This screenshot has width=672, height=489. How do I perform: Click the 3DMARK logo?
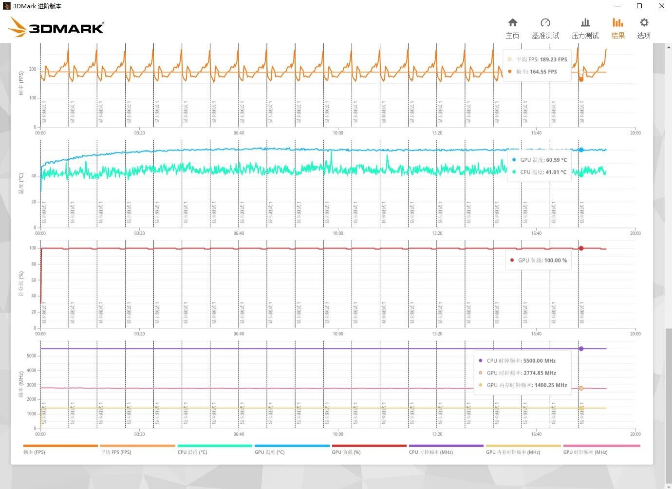pyautogui.click(x=56, y=28)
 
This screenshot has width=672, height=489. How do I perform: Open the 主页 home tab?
pyautogui.click(x=512, y=29)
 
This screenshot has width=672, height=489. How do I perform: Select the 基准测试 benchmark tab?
pyautogui.click(x=545, y=29)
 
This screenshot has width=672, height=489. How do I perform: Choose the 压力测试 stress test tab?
pyautogui.click(x=585, y=29)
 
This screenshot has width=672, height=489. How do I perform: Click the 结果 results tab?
pyautogui.click(x=618, y=29)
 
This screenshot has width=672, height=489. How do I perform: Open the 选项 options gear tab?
pyautogui.click(x=644, y=29)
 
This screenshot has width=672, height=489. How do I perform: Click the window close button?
pyautogui.click(x=662, y=6)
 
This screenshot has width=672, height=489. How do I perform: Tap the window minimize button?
pyautogui.click(x=617, y=6)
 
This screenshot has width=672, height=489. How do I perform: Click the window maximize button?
pyautogui.click(x=639, y=6)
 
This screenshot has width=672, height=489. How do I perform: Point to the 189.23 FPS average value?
pyautogui.click(x=553, y=59)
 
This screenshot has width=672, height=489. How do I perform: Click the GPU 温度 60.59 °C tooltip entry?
pyautogui.click(x=543, y=160)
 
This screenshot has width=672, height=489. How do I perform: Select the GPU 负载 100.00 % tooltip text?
pyautogui.click(x=542, y=261)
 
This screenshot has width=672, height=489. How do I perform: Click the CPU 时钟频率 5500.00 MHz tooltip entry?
pyautogui.click(x=521, y=361)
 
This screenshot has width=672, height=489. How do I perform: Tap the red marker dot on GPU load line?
pyautogui.click(x=581, y=248)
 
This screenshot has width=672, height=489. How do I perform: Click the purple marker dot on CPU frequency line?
pyautogui.click(x=581, y=349)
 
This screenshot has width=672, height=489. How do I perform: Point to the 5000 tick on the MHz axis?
pyautogui.click(x=31, y=356)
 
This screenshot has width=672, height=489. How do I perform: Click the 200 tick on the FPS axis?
pyautogui.click(x=33, y=69)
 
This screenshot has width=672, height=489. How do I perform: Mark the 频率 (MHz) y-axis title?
pyautogui.click(x=21, y=385)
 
